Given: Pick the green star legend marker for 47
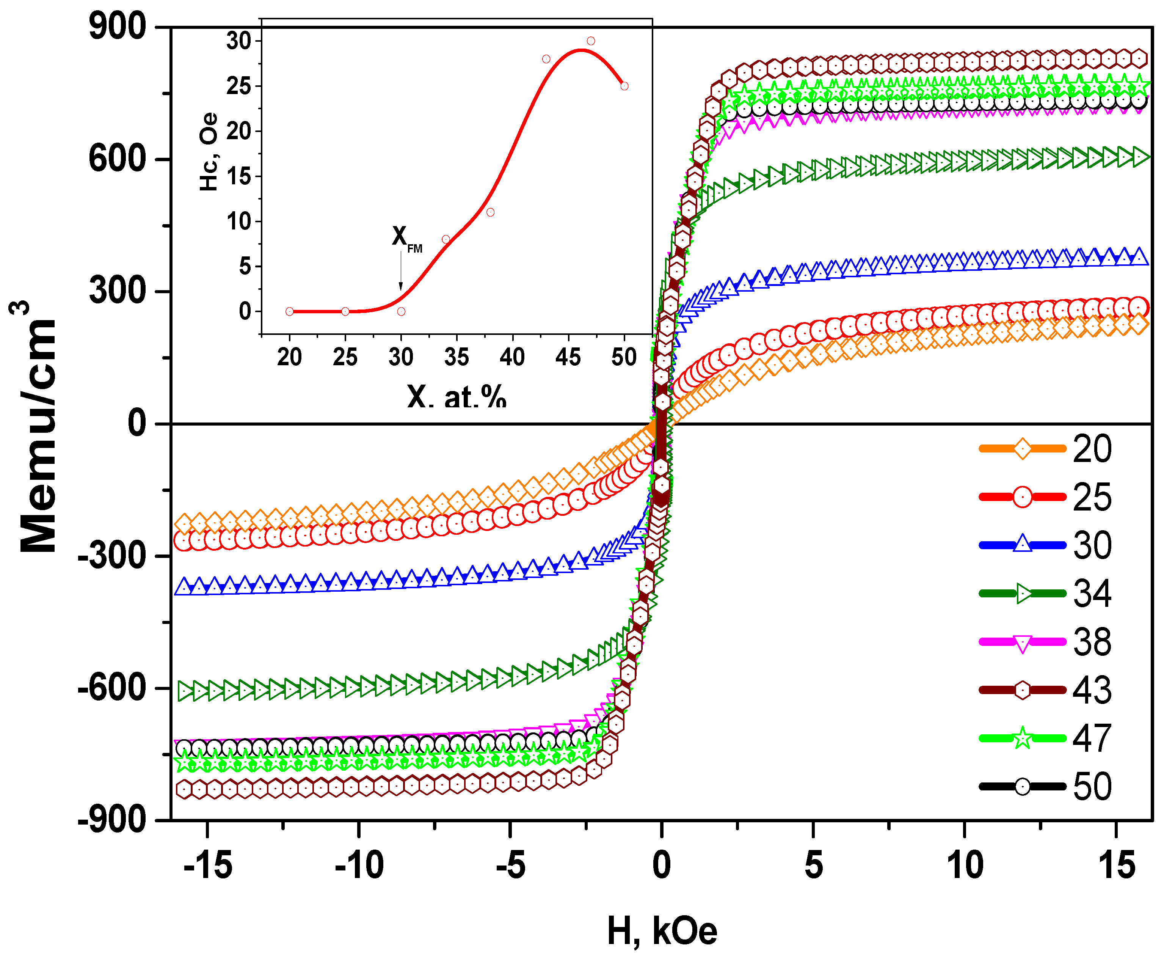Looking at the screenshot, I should coord(1022,738).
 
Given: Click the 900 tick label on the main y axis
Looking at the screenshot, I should coord(118,26).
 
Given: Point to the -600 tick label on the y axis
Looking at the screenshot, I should coord(112,688).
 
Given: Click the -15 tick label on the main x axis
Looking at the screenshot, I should coord(208,866).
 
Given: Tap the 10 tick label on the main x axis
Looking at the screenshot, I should coord(965,866).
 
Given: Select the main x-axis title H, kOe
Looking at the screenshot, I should coord(662,932).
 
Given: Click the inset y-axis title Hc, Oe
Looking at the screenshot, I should coord(209,152).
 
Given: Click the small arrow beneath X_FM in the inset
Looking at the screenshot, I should coord(401,272).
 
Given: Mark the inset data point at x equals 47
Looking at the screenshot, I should coord(591,41).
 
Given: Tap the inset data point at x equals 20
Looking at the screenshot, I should coord(289,311).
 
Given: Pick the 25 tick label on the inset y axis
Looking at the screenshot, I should coord(238,86).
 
